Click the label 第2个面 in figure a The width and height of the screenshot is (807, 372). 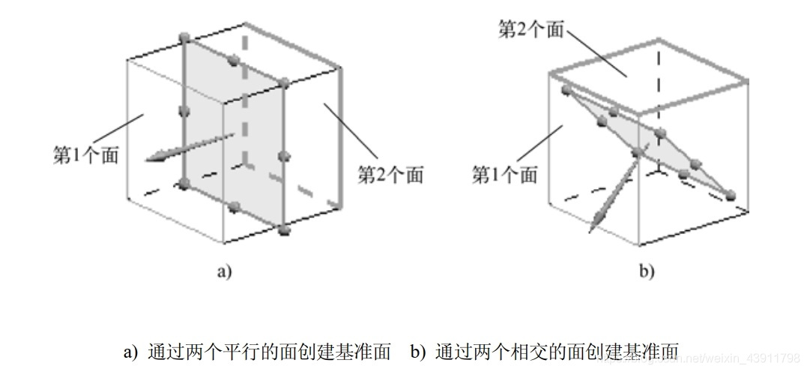coord(390,175)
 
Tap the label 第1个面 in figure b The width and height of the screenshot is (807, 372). coord(504,175)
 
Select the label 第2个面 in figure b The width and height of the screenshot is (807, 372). coord(531,30)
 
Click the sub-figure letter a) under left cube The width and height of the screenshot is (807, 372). coord(224,271)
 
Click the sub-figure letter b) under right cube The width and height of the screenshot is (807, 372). coord(647,271)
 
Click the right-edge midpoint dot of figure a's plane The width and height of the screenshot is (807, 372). coord(283,156)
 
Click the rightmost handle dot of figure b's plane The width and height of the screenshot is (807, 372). coord(731,195)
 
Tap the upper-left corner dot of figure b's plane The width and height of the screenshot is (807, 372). coord(566,90)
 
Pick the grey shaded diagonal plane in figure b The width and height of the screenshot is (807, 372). coord(652,150)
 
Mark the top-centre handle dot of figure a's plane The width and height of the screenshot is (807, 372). coord(233,58)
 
